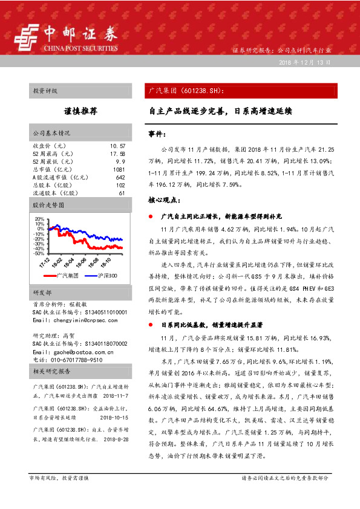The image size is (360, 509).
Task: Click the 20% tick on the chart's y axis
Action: tap(39, 219)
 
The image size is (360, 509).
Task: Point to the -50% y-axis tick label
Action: tap(38, 253)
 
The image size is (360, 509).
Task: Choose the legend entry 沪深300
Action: tap(106, 276)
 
